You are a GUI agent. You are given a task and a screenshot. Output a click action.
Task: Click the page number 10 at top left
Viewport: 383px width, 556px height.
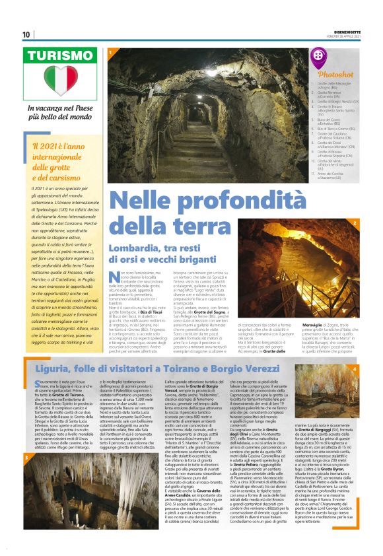click(26, 34)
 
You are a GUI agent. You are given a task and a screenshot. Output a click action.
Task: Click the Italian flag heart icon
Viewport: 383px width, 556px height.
click(60, 81)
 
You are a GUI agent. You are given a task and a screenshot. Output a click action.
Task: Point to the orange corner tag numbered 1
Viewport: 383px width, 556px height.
click(110, 50)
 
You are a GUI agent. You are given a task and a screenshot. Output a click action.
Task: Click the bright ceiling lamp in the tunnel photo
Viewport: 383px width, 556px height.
click(209, 92)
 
